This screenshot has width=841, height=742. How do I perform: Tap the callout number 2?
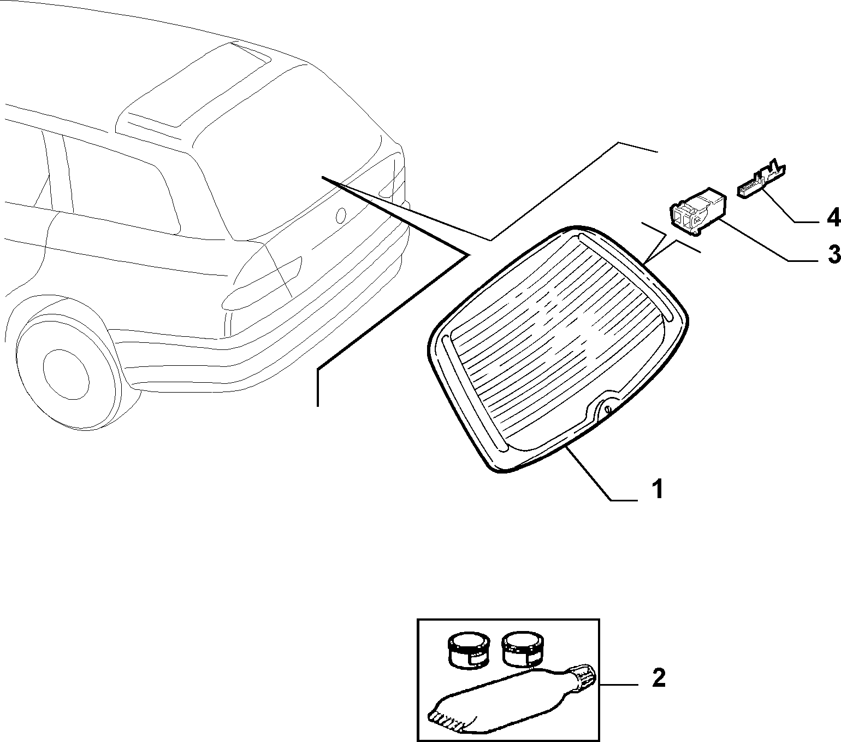click(x=659, y=678)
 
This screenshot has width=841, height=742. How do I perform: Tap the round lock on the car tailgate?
click(x=341, y=214)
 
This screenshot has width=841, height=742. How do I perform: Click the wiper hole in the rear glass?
click(x=608, y=410)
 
